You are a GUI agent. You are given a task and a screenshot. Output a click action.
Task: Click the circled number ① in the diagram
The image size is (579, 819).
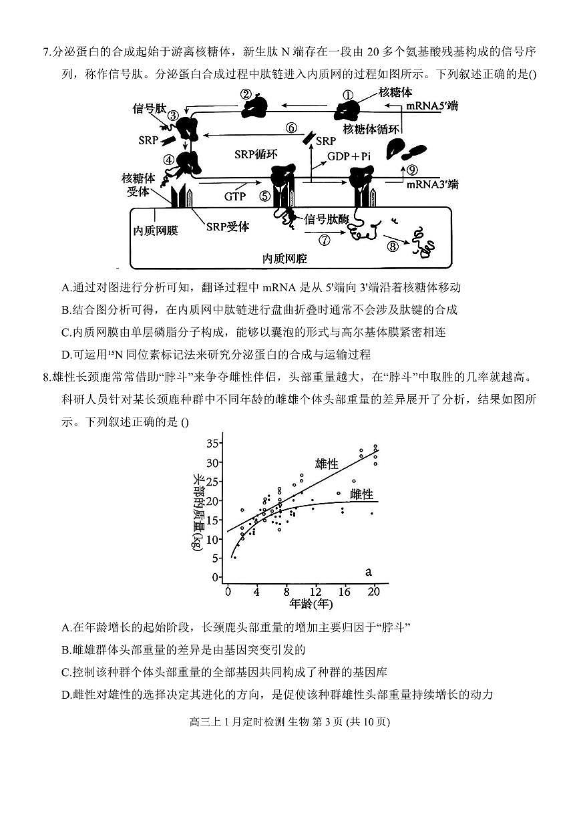tap(347, 96)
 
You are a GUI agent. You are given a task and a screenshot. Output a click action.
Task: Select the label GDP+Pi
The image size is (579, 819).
tap(349, 156)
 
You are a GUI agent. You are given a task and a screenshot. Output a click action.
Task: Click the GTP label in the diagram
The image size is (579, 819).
tap(235, 196)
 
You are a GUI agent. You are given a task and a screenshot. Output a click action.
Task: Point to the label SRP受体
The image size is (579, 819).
tap(227, 226)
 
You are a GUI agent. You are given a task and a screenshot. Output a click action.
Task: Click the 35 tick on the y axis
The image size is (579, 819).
tap(213, 443)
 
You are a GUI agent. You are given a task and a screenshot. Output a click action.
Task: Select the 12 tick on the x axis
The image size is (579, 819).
tap(316, 591)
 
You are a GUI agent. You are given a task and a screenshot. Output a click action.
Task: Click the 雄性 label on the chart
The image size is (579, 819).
tap(327, 464)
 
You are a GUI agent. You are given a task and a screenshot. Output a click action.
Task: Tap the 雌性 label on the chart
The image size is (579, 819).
tap(361, 494)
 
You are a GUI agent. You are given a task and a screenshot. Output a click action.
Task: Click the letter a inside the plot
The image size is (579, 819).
tap(368, 572)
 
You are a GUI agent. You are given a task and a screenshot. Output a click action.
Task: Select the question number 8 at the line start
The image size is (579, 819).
tap(46, 377)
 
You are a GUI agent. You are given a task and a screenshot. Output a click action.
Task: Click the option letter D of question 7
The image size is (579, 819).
tap(65, 355)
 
